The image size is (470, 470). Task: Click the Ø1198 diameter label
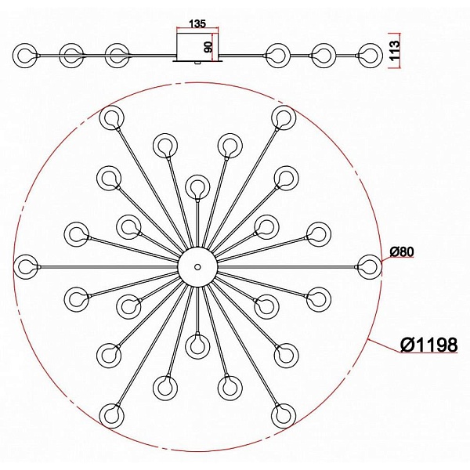tap(429, 345)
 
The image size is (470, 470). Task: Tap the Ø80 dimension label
tap(402, 251)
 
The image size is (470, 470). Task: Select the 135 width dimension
tap(197, 23)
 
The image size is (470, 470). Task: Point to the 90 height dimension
tap(208, 47)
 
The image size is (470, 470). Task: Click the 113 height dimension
tap(395, 50)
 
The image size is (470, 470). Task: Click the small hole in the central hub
tap(197, 266)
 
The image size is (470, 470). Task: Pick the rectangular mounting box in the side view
tap(197, 46)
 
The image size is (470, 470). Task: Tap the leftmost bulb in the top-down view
tap(26, 267)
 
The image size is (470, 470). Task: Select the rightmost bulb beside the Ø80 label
tap(370, 266)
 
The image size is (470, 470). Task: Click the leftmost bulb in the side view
tap(25, 56)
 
